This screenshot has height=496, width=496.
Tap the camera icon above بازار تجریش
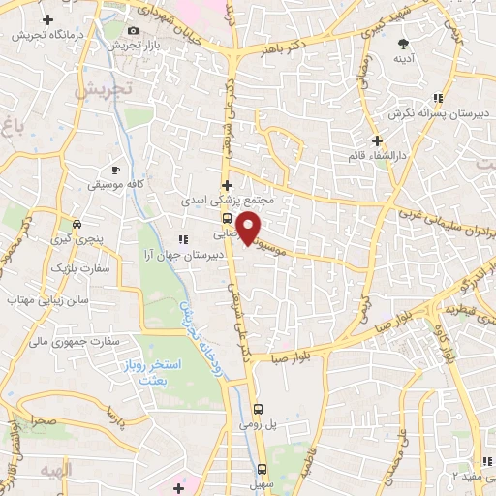click(x=133, y=31)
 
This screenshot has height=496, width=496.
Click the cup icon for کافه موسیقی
click(x=115, y=170)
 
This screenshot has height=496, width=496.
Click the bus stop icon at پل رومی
click(x=258, y=410)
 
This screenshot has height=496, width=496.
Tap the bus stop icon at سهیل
click(x=258, y=465)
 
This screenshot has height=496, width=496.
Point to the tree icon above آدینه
click(x=404, y=43)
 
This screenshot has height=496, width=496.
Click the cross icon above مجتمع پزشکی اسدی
click(x=227, y=185)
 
